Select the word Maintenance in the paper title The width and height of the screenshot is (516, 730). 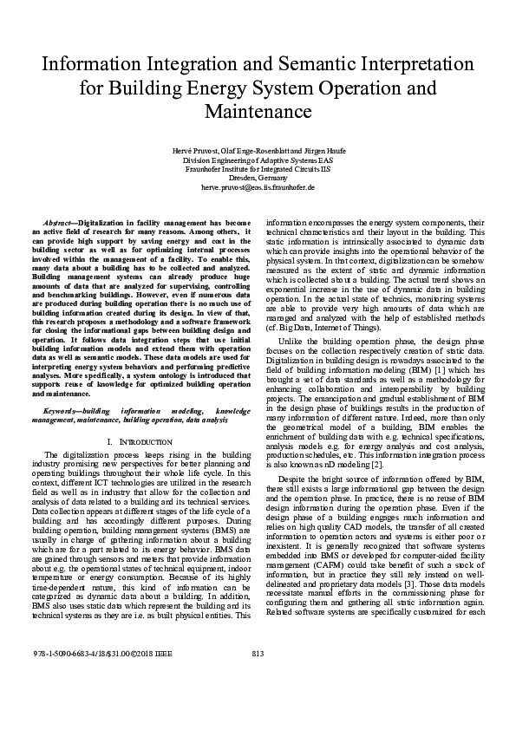click(258, 112)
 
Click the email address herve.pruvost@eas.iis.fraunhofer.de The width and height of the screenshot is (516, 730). click(258, 186)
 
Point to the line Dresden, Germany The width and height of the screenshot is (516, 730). click(258, 178)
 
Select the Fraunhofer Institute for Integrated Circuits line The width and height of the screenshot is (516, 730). click(258, 169)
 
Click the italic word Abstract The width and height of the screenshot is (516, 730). click(60, 223)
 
